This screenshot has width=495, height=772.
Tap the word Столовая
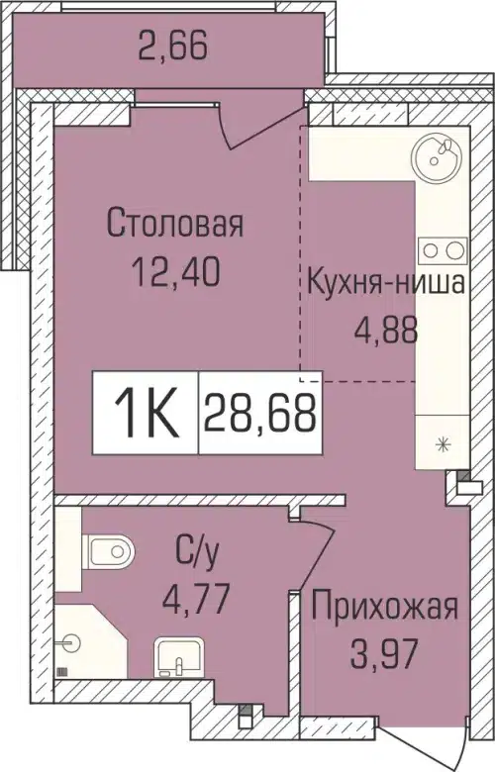click(174, 224)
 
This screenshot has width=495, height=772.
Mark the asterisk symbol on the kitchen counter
click(443, 444)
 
